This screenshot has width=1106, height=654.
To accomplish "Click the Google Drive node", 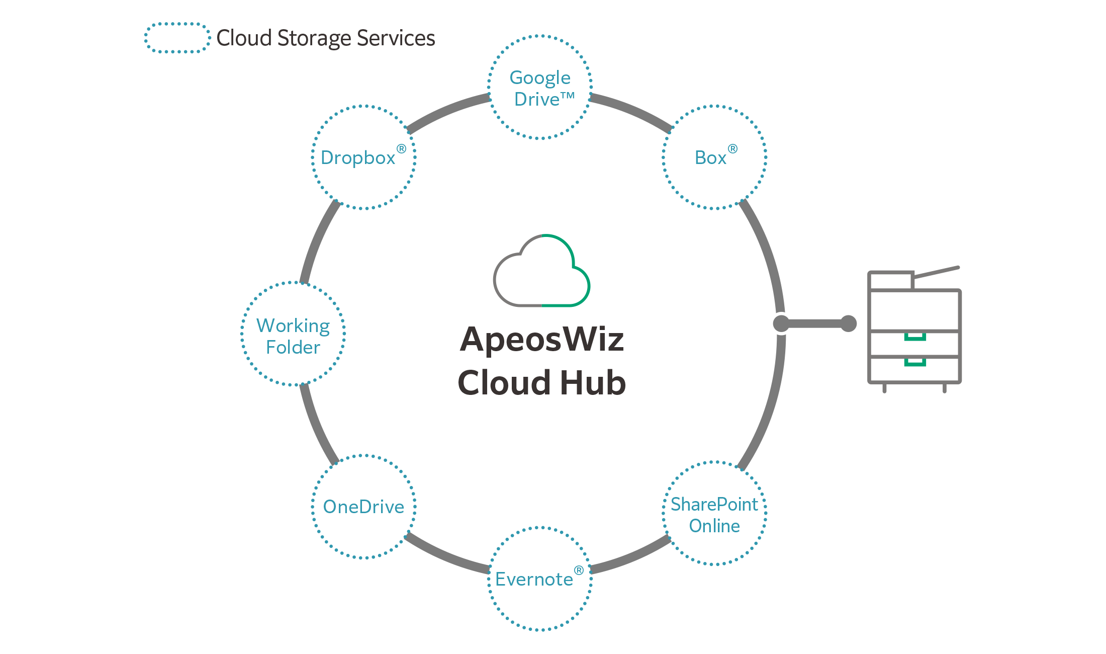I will point(539,87).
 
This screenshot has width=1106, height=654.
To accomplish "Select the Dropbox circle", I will point(363,157).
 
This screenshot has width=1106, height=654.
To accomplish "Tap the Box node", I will point(714,157).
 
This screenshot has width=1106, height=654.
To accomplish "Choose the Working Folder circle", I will point(293,334).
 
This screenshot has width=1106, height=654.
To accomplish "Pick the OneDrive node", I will point(363,507).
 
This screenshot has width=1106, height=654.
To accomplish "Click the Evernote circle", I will point(539,579).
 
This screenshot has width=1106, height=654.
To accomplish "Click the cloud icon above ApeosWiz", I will point(541,272).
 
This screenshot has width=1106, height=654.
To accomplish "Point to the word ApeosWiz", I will point(541,340).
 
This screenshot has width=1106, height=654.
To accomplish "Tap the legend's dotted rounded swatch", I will point(177,38).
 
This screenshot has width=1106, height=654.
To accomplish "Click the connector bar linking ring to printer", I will point(814,323).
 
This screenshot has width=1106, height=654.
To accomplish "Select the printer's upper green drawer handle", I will point(915,337).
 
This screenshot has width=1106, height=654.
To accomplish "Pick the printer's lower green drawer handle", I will point(915,363).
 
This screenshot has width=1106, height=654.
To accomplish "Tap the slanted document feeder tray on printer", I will point(937,272).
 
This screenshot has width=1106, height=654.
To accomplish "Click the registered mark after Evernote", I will point(579,570).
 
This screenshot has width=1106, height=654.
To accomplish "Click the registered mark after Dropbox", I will point(401,149).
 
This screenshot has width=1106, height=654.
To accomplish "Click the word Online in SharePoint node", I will point(714,526).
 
